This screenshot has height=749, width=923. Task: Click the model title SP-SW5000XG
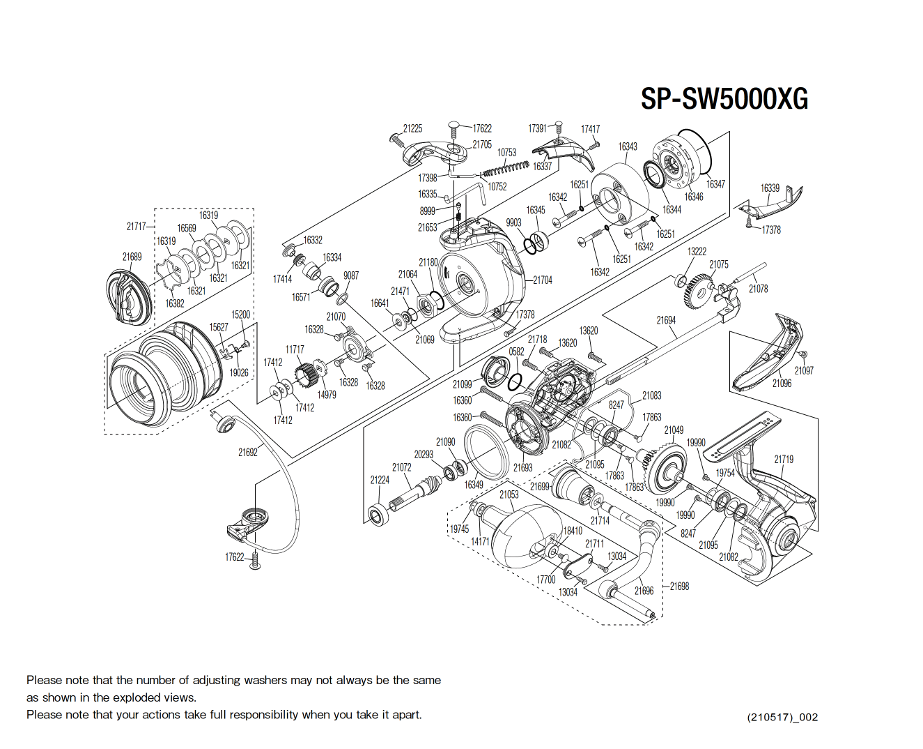(724, 99)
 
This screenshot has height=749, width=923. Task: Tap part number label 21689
(132, 257)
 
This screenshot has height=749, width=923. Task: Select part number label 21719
(784, 459)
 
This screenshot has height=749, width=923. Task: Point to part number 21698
(679, 586)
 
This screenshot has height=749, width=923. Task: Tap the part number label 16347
(715, 184)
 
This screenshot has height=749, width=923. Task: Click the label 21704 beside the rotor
(543, 280)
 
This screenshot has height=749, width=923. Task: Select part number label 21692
(247, 452)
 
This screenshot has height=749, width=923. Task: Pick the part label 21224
(380, 480)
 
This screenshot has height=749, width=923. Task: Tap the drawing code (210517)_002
(782, 717)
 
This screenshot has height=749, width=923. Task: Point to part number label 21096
(782, 383)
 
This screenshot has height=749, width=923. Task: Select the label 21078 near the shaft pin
(758, 288)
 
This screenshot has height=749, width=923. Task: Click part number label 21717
(136, 226)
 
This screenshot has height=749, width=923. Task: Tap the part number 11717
(294, 349)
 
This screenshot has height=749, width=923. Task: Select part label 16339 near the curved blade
(770, 188)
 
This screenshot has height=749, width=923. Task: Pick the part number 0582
(516, 351)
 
